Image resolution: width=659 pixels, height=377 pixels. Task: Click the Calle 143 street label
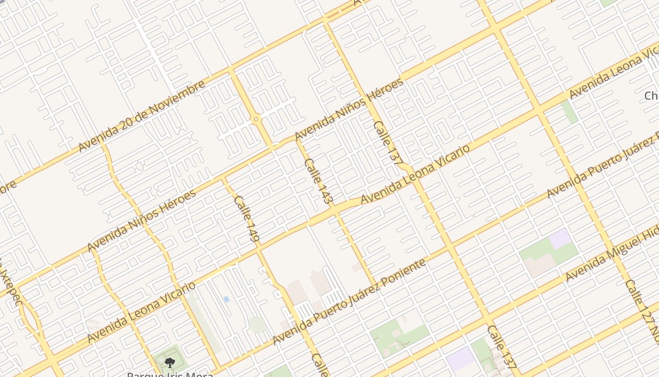tap(319, 181)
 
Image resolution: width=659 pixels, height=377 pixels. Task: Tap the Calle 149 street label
tap(247, 219)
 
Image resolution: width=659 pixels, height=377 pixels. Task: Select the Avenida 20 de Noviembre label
tap(141, 116)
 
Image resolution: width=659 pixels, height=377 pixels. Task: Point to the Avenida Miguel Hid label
tap(612, 257)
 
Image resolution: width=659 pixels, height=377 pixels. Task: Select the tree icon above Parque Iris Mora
tap(169, 362)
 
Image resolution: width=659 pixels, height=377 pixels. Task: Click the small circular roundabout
tap(256, 119)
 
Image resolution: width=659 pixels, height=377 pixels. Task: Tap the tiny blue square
tap(226, 299)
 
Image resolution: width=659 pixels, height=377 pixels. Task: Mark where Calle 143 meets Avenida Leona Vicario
tap(336, 210)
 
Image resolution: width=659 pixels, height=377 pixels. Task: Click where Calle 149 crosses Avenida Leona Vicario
tap(257, 248)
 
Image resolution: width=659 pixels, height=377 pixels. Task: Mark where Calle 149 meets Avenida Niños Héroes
tap(223, 179)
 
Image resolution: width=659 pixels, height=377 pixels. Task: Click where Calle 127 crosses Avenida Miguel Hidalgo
tap(614, 249)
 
